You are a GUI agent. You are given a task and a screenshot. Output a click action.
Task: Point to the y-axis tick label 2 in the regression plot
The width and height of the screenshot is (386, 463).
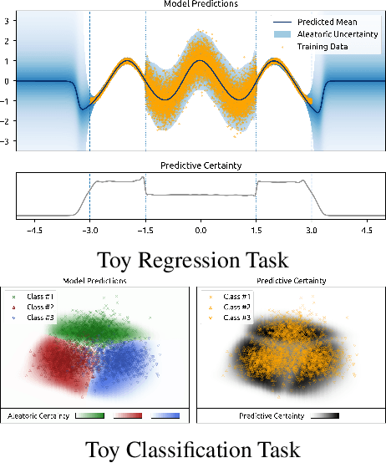click(x=8, y=38)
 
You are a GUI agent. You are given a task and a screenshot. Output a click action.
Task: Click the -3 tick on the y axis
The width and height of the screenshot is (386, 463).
click(x=6, y=142)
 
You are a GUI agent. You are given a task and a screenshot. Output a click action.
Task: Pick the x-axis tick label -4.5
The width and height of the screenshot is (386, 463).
click(x=34, y=227)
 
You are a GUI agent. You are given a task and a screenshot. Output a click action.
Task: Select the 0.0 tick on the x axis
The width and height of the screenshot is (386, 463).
click(x=200, y=227)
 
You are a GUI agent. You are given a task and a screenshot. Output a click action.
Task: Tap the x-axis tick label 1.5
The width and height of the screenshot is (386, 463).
click(x=256, y=227)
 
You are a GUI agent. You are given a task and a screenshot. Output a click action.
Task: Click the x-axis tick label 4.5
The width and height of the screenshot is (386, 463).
click(x=366, y=227)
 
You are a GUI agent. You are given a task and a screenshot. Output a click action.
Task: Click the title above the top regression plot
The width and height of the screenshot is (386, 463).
click(x=199, y=5)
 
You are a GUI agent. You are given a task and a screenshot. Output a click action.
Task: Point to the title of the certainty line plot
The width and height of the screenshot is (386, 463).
click(x=200, y=165)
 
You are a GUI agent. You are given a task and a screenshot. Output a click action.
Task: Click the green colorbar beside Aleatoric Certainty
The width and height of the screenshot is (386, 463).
click(x=89, y=414)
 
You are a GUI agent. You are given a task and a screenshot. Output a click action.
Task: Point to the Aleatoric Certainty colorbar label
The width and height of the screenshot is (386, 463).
click(x=38, y=415)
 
